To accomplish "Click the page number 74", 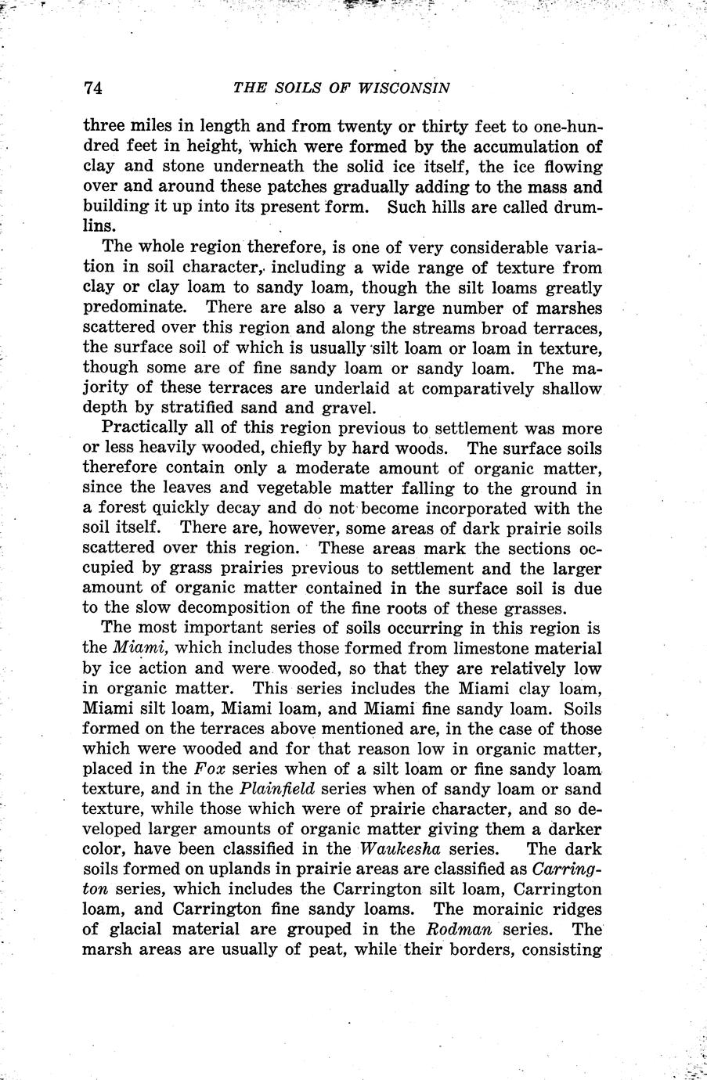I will pos(93,87).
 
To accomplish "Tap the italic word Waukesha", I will pos(398,849).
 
